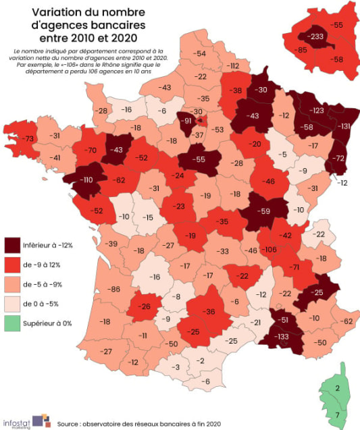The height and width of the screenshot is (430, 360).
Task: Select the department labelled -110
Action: tap(86, 181)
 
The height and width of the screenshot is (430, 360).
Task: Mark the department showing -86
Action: tap(113, 290)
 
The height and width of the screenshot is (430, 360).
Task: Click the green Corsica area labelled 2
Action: tap(336, 388)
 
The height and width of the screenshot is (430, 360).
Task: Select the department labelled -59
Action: tap(265, 210)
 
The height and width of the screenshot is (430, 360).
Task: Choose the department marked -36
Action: tap(209, 311)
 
